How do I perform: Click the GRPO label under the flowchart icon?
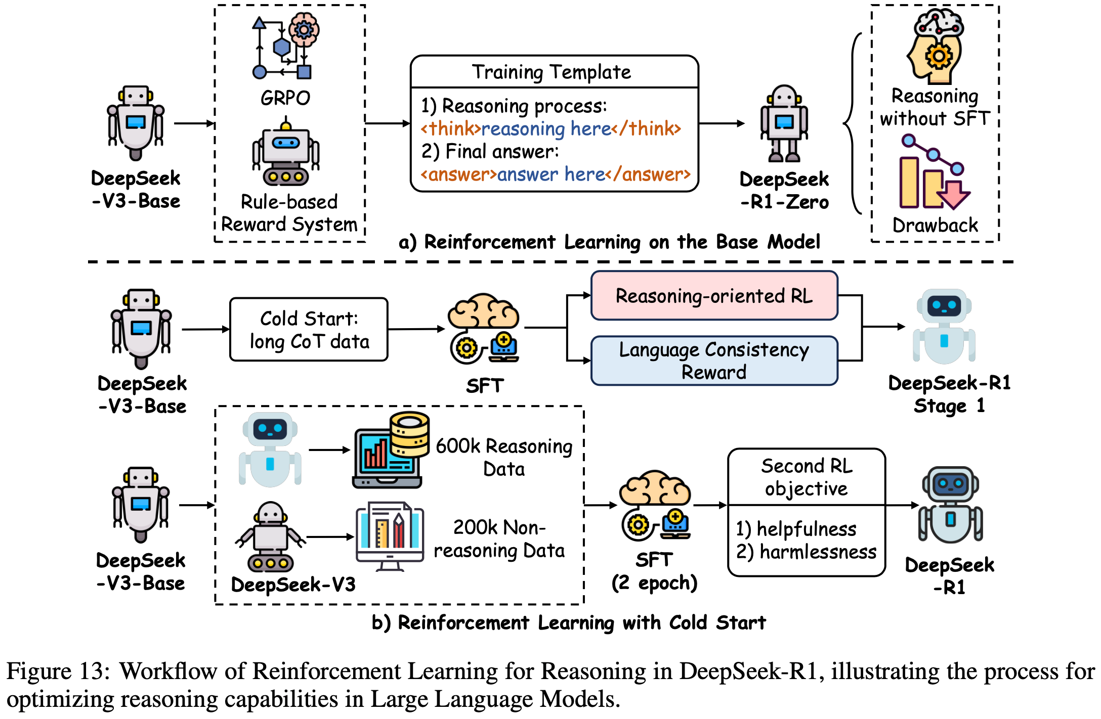(285, 98)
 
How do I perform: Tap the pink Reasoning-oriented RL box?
(714, 296)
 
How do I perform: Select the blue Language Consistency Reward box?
(714, 361)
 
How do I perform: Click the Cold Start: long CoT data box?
(309, 330)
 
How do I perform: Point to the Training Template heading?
(552, 72)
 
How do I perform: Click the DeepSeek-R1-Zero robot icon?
(784, 124)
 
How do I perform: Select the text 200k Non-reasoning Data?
(499, 539)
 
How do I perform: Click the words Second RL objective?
(807, 477)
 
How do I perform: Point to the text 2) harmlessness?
(807, 552)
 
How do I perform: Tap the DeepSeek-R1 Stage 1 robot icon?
(944, 327)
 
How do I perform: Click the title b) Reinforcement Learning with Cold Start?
(569, 622)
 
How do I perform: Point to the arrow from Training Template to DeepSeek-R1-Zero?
(722, 123)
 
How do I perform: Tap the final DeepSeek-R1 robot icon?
(950, 505)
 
